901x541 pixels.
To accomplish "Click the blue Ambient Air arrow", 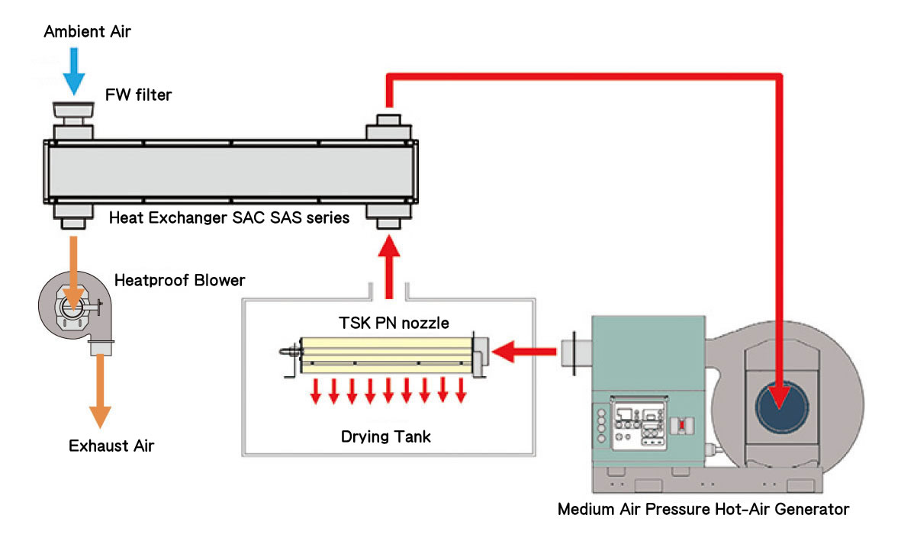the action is (x=73, y=71).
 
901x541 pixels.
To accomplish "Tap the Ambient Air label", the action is (x=87, y=31).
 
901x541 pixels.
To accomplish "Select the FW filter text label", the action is (x=139, y=95).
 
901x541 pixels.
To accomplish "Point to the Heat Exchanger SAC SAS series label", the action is (x=230, y=218).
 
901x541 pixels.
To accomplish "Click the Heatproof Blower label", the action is (x=180, y=280).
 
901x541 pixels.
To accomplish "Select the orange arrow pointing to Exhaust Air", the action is (x=100, y=391).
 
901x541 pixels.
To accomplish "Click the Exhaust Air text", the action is (x=111, y=446).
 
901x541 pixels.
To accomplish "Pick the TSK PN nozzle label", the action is (x=394, y=323).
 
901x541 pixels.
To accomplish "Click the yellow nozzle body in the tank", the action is (x=386, y=356).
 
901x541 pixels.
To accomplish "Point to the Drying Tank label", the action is (x=385, y=437).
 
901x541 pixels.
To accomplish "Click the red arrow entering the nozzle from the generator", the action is (x=524, y=351).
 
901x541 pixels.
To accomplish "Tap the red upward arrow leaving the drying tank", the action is (x=389, y=267).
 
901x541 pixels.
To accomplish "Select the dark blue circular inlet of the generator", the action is (x=781, y=406).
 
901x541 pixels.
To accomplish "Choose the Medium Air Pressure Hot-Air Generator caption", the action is (x=703, y=510).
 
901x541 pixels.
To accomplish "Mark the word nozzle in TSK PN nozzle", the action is (x=424, y=323).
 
